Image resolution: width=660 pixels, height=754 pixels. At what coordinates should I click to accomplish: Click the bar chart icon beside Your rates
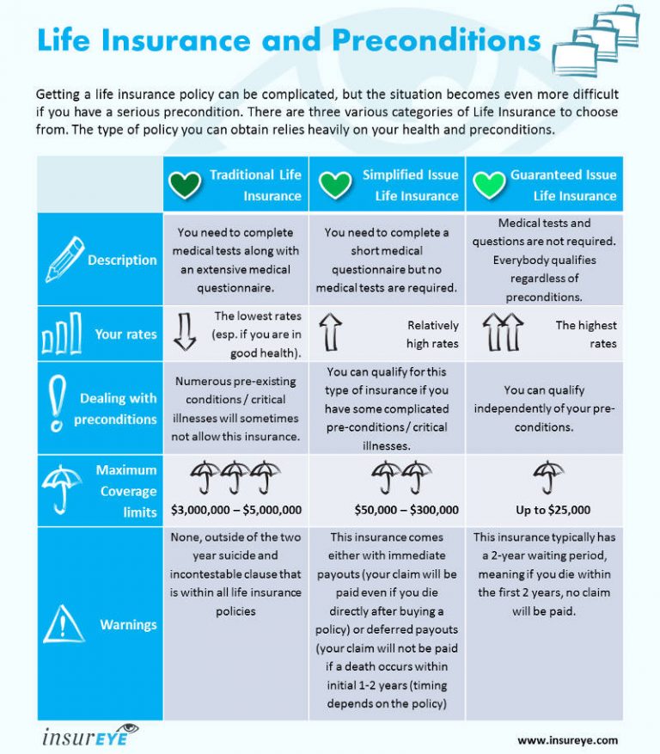pyautogui.click(x=62, y=334)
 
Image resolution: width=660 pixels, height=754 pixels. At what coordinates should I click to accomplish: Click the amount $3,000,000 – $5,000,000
pyautogui.click(x=236, y=510)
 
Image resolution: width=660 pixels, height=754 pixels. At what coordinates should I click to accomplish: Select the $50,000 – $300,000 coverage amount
pyautogui.click(x=406, y=510)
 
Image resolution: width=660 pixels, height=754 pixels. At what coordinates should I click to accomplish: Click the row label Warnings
pyautogui.click(x=128, y=624)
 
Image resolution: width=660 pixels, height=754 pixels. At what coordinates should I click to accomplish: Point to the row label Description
pyautogui.click(x=122, y=260)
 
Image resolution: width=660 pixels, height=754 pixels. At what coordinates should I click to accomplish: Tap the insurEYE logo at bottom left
pyautogui.click(x=89, y=736)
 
